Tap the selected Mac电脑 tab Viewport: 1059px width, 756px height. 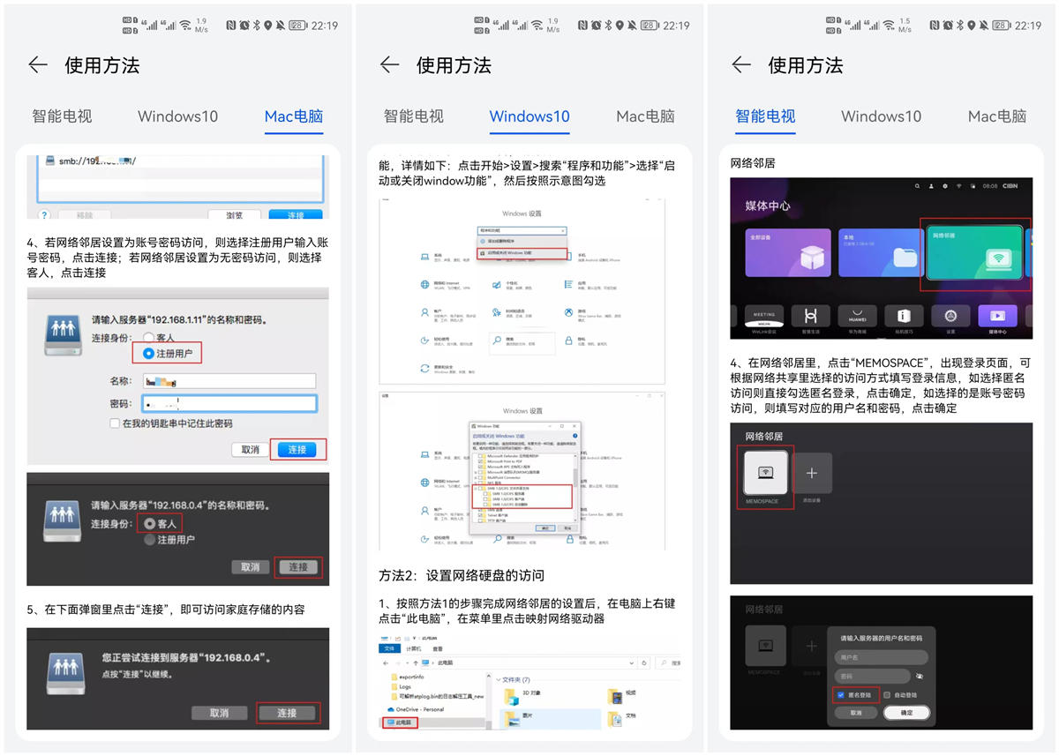(x=294, y=116)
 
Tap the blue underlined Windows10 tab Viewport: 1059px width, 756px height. (x=529, y=116)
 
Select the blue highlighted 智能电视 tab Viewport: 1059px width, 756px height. (x=765, y=116)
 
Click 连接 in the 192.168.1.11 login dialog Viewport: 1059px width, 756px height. (x=297, y=449)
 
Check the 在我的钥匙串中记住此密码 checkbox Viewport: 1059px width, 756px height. (x=115, y=423)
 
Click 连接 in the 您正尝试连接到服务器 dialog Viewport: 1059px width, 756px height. (x=287, y=713)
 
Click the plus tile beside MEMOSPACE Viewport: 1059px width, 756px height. (x=812, y=474)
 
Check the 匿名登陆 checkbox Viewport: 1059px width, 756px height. (x=840, y=695)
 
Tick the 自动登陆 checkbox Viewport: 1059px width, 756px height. (x=887, y=695)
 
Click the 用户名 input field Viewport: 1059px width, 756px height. (x=881, y=657)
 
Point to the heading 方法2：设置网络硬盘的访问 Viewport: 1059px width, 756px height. (x=462, y=575)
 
